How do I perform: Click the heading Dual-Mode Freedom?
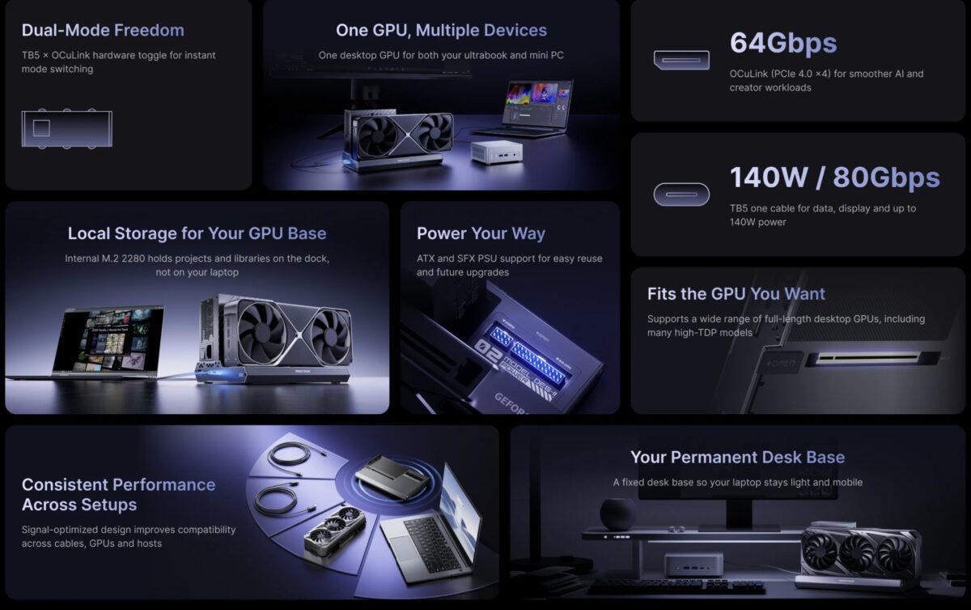(103, 31)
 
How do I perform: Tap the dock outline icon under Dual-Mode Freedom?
(66, 128)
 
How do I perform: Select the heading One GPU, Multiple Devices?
(441, 31)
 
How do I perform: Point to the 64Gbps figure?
(782, 43)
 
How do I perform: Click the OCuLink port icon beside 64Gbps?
(681, 60)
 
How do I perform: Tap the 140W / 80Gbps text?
(834, 177)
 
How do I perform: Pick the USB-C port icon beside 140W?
(681, 194)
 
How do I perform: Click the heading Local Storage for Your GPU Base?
(197, 233)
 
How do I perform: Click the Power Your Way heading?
(481, 233)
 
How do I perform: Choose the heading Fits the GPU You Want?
(736, 293)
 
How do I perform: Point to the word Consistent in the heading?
(65, 484)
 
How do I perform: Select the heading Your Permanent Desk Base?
(737, 457)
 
